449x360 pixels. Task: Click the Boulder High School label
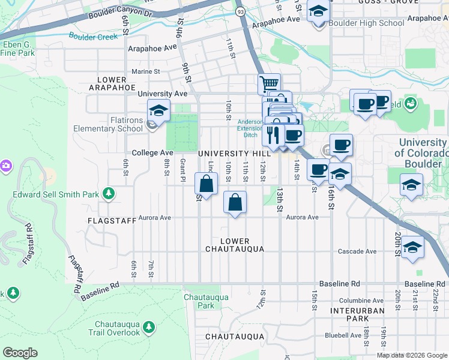[367, 23]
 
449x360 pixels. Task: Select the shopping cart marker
[269, 83]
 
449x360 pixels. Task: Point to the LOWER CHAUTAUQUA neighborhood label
[234, 244]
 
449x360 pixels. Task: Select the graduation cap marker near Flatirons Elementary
[158, 110]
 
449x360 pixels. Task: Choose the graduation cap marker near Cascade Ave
[412, 247]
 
